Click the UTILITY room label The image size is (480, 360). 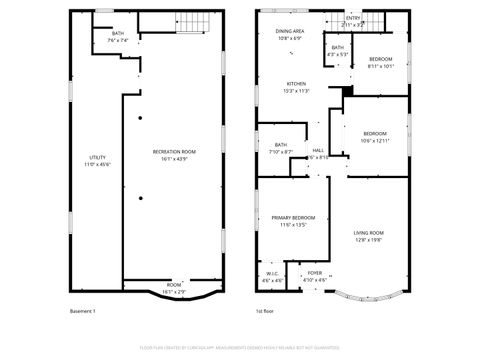click(x=97, y=160)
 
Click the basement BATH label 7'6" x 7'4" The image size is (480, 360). click(x=118, y=37)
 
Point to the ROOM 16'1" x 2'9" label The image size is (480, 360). click(x=174, y=286)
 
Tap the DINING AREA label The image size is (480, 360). click(x=291, y=35)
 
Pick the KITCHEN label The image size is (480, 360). click(x=296, y=86)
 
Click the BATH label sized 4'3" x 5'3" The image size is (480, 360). click(x=338, y=51)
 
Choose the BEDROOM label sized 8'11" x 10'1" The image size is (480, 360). click(x=380, y=63)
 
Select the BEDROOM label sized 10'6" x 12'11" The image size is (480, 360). click(x=375, y=136)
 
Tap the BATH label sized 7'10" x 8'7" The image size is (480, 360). click(x=281, y=148)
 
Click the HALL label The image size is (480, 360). click(x=318, y=154)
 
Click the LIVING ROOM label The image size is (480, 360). click(x=369, y=236)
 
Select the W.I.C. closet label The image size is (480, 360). click(x=272, y=277)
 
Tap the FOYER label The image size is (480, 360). click(x=315, y=276)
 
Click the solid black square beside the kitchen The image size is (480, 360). click(x=347, y=92)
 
